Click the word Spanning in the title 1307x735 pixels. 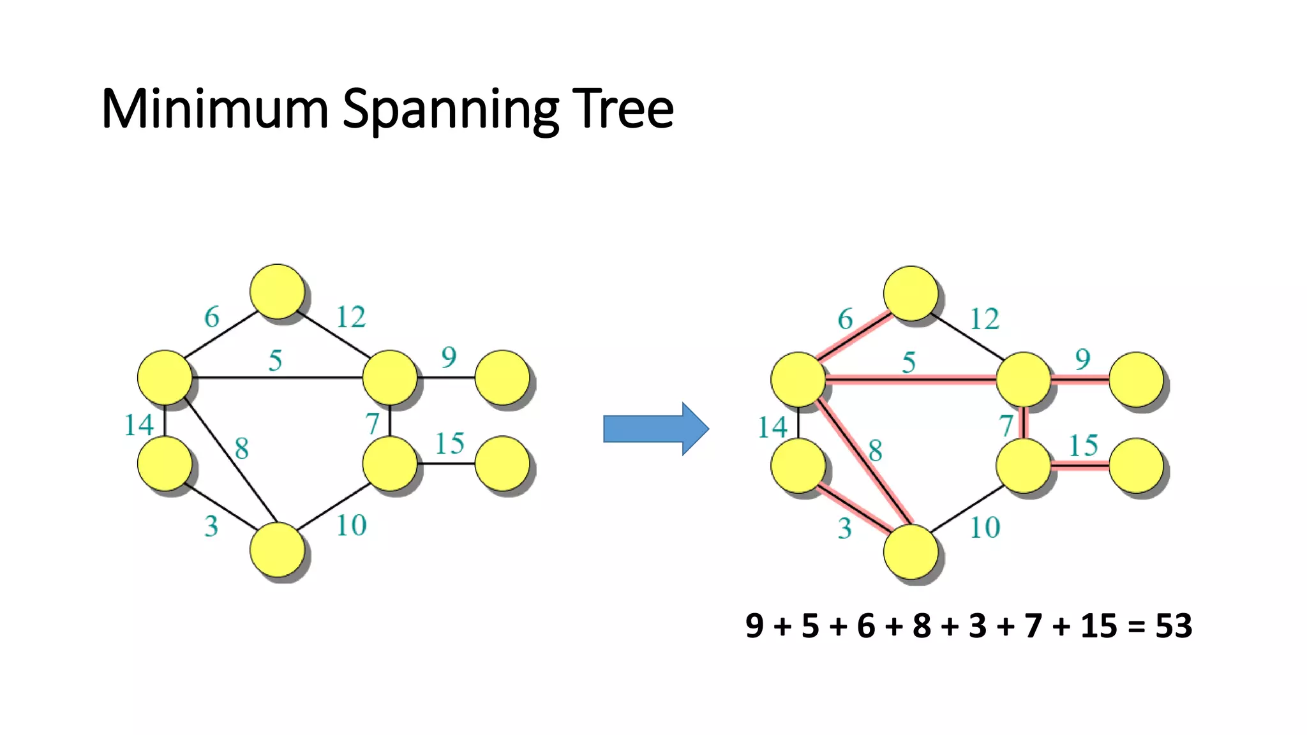(451, 109)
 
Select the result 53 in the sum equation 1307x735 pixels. (1173, 626)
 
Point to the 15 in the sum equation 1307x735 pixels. (1098, 626)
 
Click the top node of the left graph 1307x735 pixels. (277, 291)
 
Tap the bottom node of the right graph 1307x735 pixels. (911, 552)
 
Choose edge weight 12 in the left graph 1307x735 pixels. (351, 317)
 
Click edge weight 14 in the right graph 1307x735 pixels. (772, 427)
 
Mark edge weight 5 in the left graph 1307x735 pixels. (275, 361)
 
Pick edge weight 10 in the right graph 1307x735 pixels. (985, 528)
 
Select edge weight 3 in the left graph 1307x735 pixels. (211, 526)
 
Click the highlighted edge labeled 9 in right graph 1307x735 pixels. (1080, 380)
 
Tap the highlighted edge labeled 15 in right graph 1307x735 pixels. (1080, 466)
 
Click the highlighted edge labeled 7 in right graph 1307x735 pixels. (1024, 422)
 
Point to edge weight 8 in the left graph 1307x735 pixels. (241, 449)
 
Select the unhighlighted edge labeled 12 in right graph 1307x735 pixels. (967, 337)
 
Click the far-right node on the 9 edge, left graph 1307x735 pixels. (502, 377)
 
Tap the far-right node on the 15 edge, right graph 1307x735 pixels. (1136, 466)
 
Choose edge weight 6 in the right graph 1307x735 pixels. (845, 319)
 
